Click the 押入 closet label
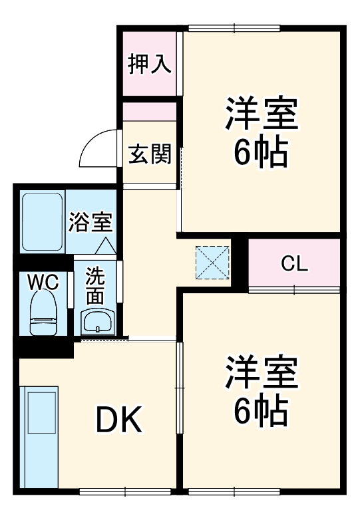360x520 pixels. click(x=150, y=65)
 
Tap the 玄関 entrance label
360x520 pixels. click(x=150, y=154)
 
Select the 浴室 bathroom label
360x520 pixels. click(x=90, y=221)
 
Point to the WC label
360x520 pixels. click(x=43, y=282)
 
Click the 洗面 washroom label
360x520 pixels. click(x=95, y=285)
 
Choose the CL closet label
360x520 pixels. click(x=294, y=263)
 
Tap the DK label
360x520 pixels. click(x=119, y=419)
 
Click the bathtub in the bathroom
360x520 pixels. click(x=43, y=222)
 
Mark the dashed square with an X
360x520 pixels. click(x=213, y=263)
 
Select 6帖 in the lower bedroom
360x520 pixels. click(x=260, y=411)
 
